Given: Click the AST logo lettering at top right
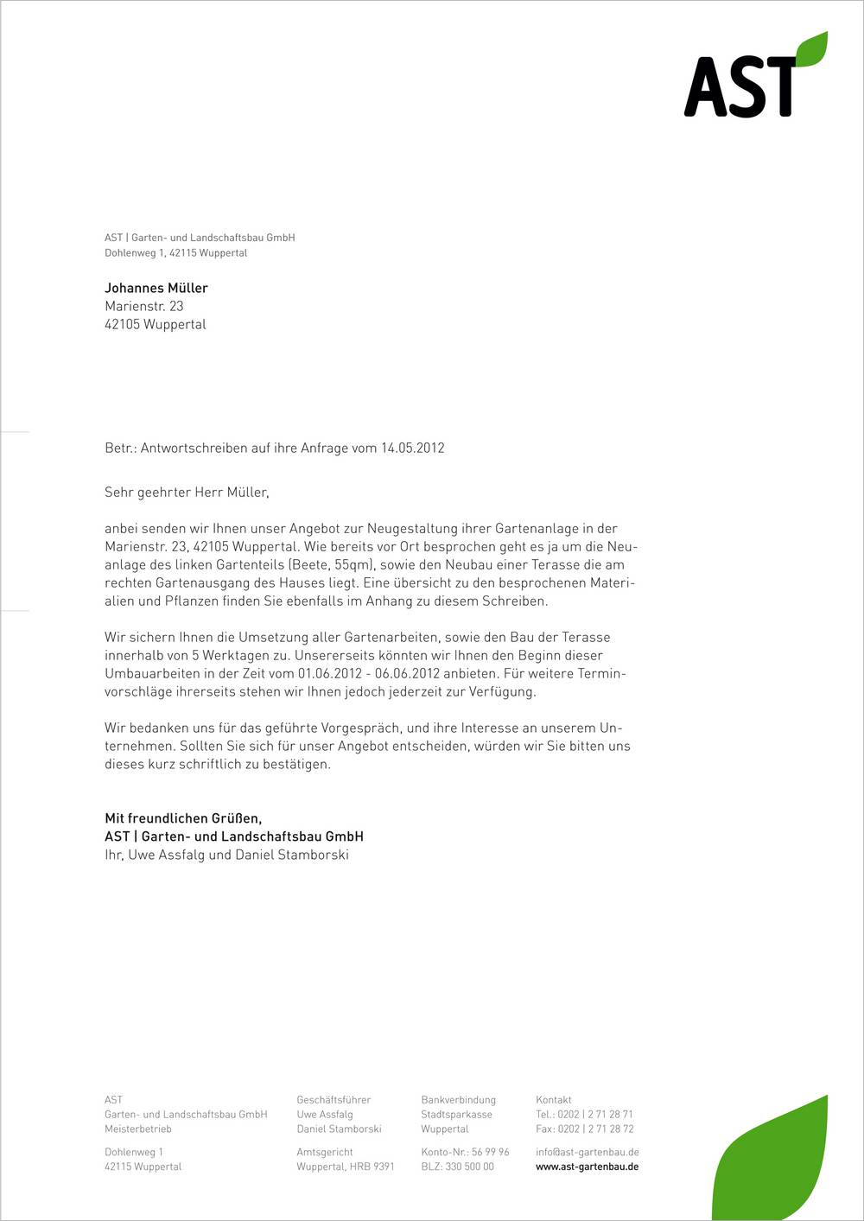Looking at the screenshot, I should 740,87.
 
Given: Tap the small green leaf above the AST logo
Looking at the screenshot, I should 812,49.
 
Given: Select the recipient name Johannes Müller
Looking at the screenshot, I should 156,288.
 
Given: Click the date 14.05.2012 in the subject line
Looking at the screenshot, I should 412,448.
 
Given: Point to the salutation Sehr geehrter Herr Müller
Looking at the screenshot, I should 187,493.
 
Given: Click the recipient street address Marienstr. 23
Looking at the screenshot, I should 144,306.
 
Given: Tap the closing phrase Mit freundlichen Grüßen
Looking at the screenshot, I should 183,817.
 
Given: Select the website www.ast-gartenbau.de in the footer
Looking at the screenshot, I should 587,1167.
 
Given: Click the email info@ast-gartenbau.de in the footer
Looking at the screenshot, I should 587,1152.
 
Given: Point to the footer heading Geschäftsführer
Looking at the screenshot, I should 334,1100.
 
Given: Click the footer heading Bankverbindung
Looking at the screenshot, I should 458,1100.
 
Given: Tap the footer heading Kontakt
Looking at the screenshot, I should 554,1100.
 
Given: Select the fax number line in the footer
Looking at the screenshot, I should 584,1129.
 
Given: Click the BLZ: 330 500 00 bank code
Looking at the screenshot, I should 457,1167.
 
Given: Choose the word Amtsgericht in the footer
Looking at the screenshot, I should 325,1152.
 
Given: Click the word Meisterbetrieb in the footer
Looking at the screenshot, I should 138,1129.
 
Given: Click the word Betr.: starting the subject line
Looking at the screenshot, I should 121,448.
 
